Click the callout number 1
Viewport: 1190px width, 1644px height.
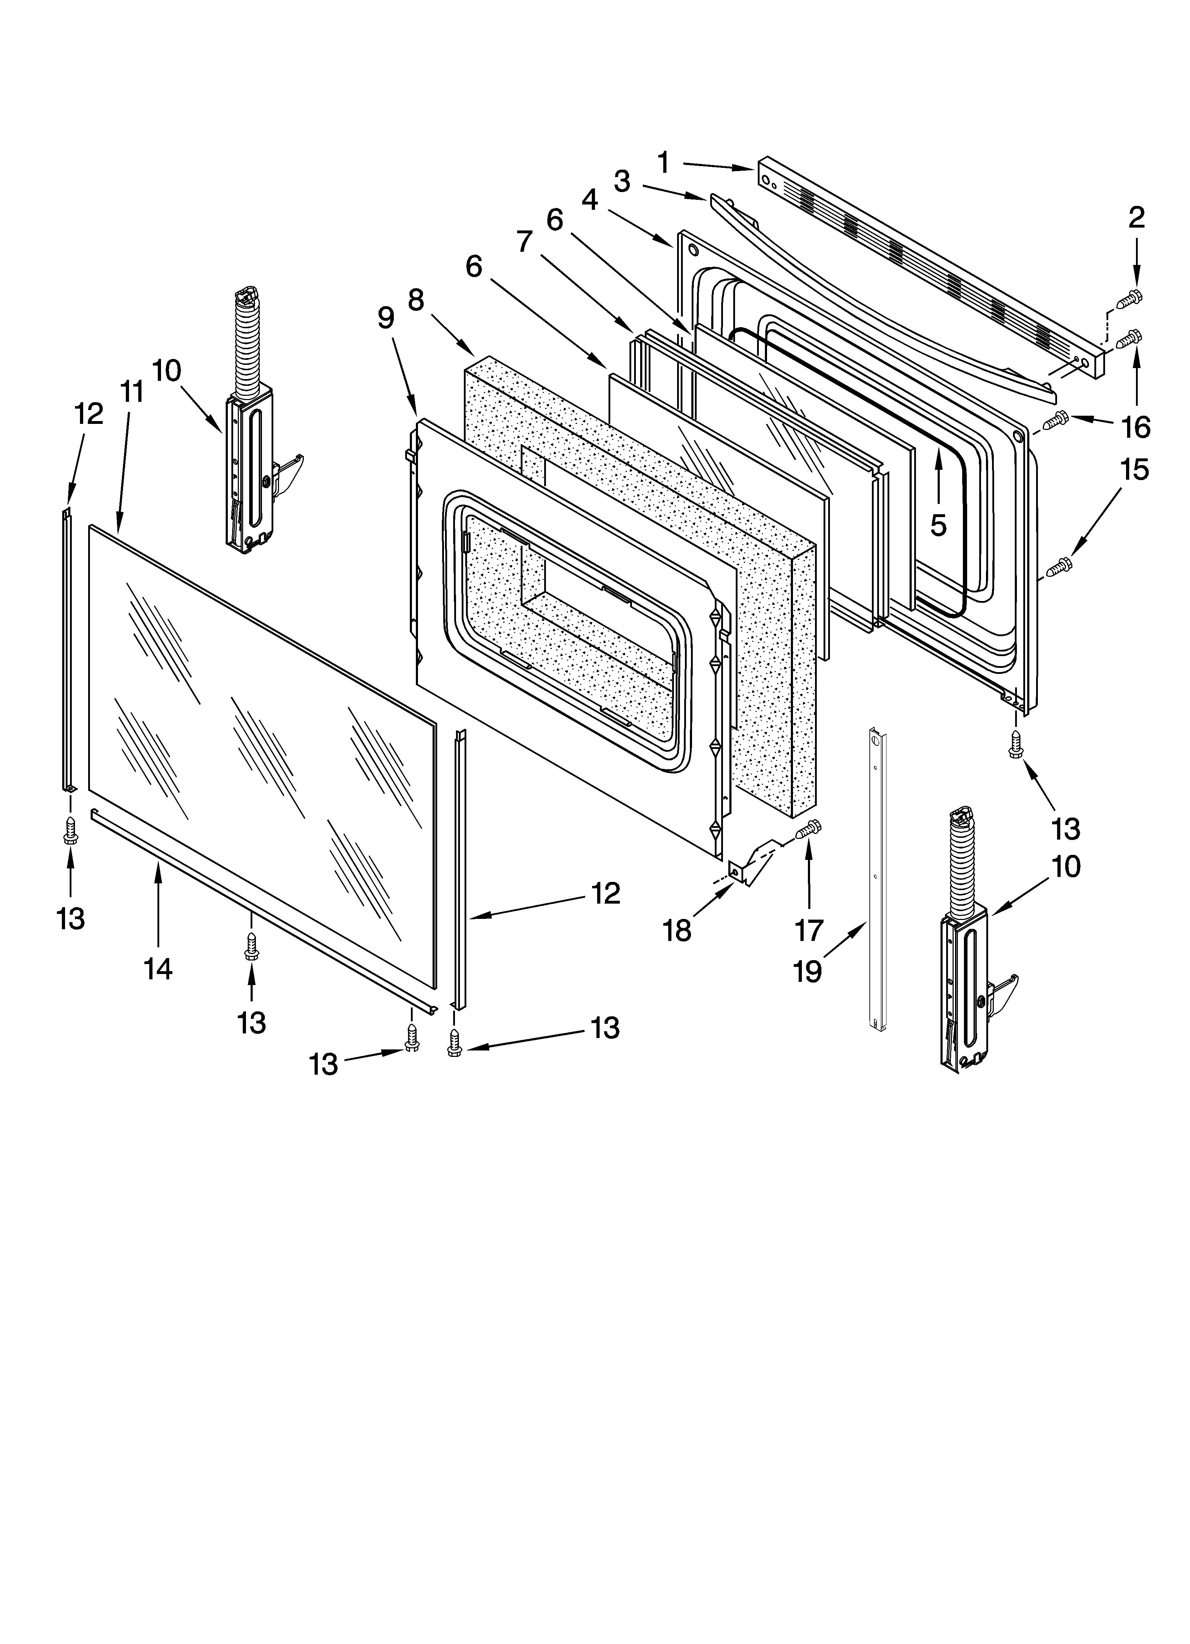(x=663, y=163)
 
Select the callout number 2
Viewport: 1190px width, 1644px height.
(x=1136, y=218)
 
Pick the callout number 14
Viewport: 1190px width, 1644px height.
(x=158, y=968)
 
